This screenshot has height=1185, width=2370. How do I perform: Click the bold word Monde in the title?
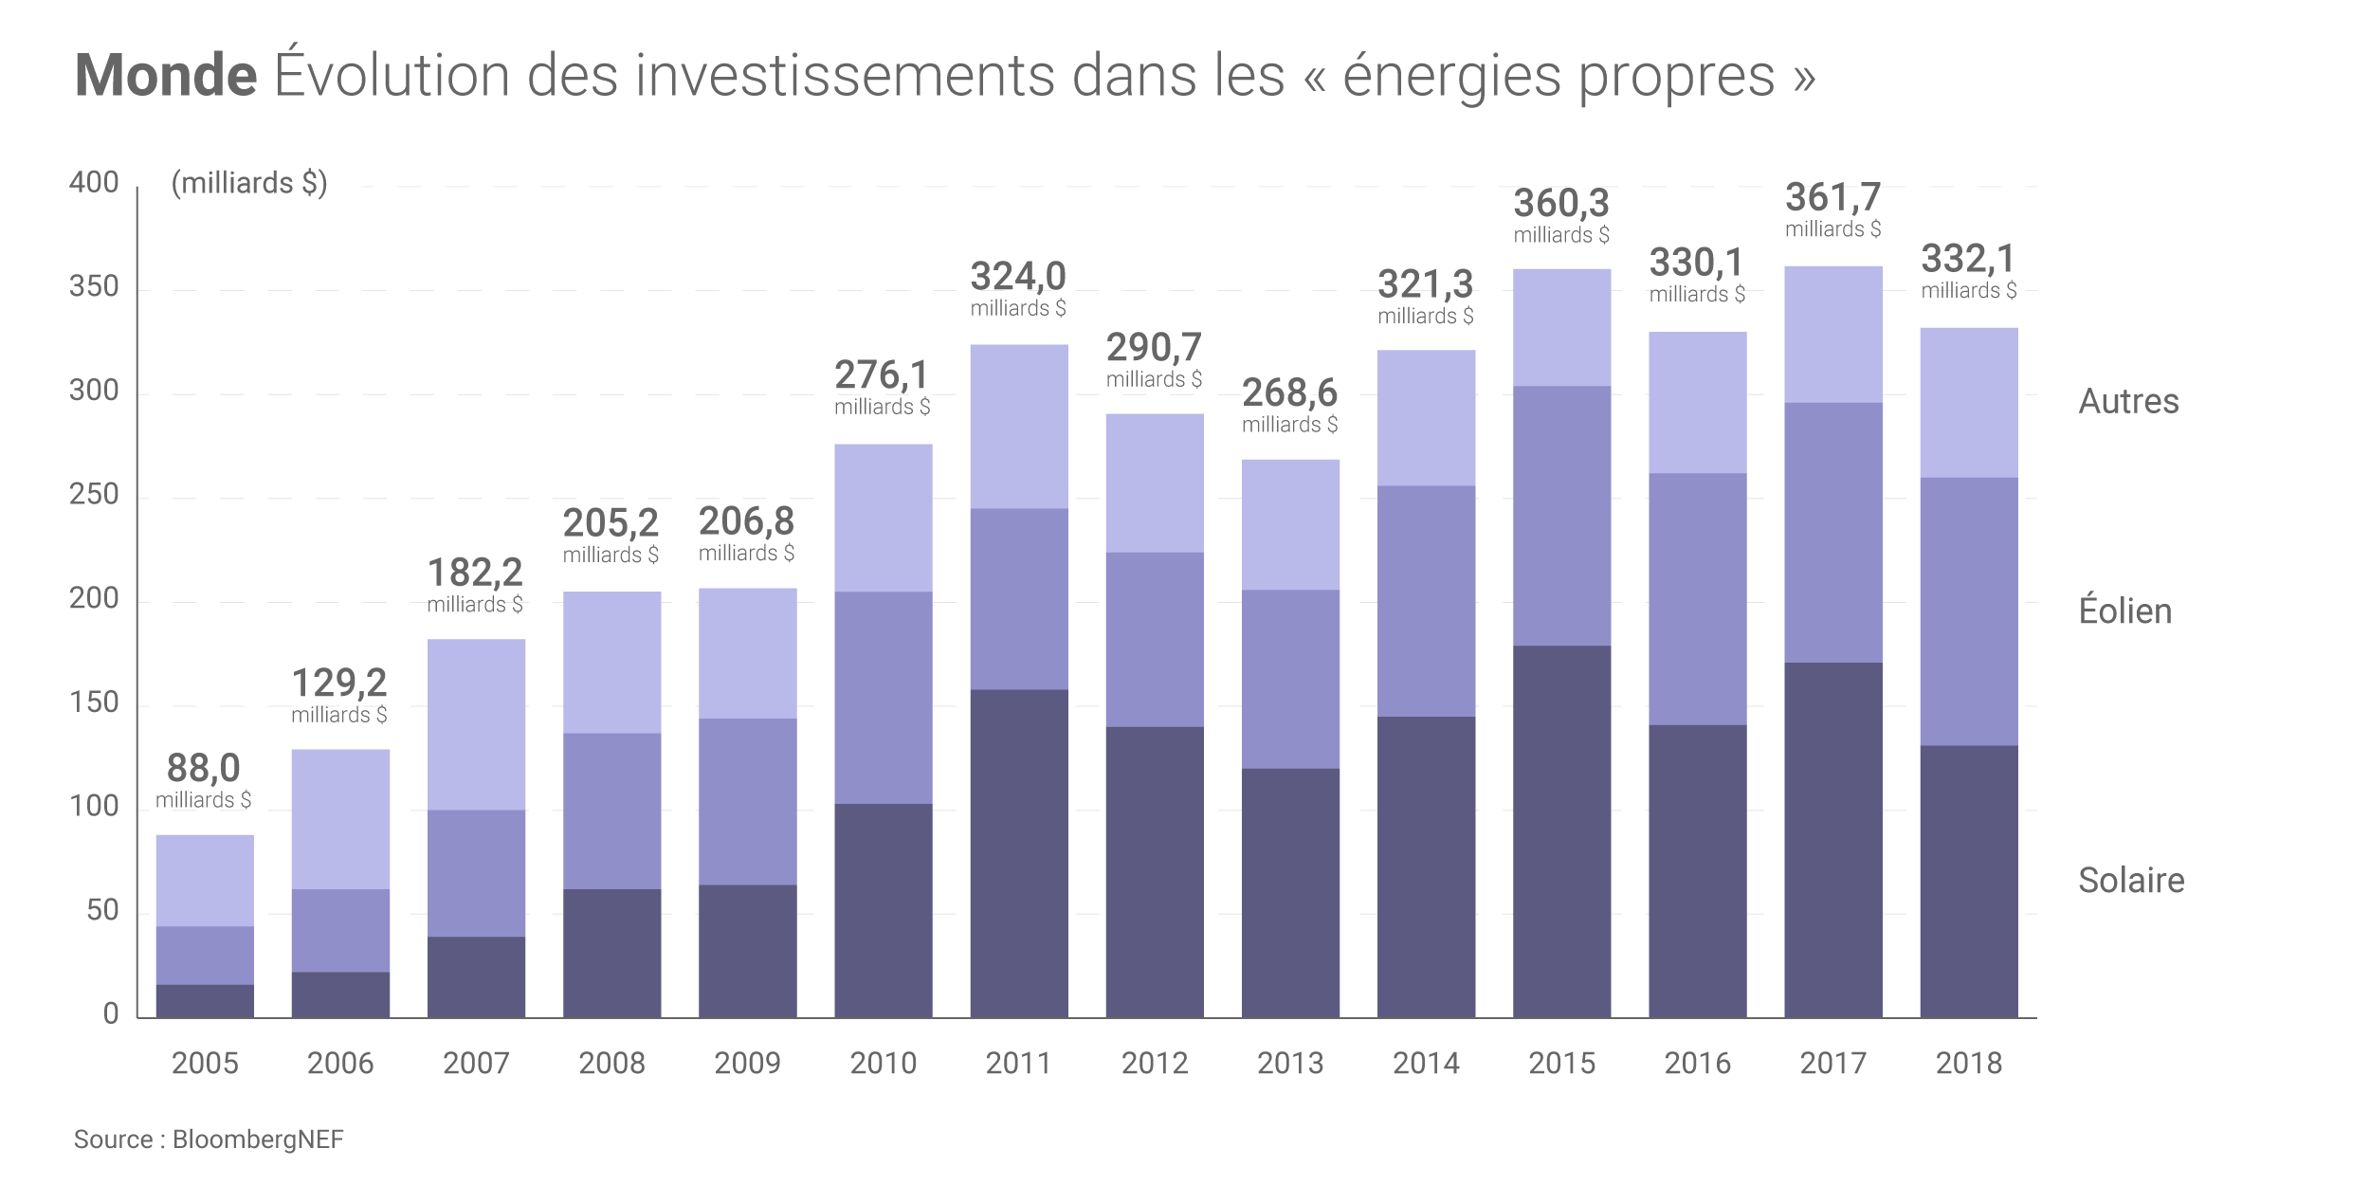pos(166,75)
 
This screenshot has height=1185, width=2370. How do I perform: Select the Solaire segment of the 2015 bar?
pos(1561,831)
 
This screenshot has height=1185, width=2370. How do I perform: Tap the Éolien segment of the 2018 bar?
pos(1968,611)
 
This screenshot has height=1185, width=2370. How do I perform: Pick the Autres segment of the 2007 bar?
pos(476,724)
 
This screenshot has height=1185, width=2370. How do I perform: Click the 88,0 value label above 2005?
pos(204,768)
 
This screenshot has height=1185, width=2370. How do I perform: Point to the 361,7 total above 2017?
pos(1832,198)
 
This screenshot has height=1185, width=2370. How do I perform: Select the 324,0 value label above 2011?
pos(1018,277)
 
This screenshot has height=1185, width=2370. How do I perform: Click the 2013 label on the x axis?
pos(1290,1063)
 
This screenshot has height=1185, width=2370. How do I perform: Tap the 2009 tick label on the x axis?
pos(747,1063)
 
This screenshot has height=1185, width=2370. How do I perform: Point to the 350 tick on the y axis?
pos(94,286)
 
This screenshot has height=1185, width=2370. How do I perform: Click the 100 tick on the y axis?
pos(94,807)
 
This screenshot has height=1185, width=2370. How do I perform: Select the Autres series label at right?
pos(2128,401)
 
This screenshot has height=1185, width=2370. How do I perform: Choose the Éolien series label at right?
pos(2124,611)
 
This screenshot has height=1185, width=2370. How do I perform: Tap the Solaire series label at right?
pos(2131,881)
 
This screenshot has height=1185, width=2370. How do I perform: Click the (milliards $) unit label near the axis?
pos(249,182)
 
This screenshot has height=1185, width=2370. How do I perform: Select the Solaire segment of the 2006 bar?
pos(340,994)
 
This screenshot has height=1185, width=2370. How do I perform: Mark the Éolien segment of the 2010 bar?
pos(883,698)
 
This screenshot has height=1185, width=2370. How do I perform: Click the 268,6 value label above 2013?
pos(1289,392)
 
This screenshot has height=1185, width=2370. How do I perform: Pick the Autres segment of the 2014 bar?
pos(1426,418)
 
